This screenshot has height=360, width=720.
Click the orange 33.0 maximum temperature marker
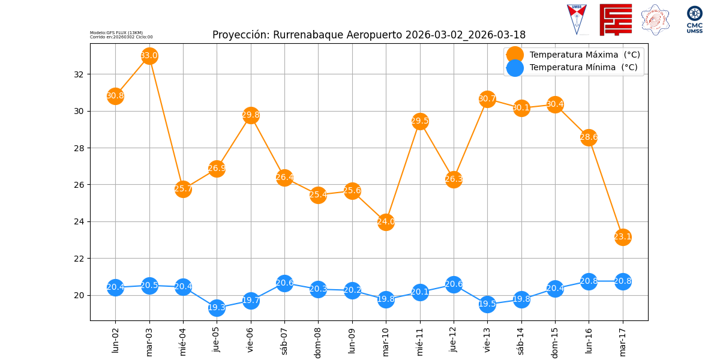pos(149,56)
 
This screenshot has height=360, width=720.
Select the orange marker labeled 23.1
pos(623,237)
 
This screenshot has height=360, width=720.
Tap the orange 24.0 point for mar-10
pos(386,222)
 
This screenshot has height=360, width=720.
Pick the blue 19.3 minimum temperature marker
pos(217,308)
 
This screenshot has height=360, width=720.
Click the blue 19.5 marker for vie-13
pos(487,304)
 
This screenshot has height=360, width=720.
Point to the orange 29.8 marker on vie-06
pos(251,115)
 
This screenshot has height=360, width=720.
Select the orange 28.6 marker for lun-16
pos(589,137)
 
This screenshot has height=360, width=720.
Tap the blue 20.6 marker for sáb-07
pos(284,283)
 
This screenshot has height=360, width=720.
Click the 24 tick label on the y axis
pos(80,222)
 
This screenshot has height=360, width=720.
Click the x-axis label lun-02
pos(115,340)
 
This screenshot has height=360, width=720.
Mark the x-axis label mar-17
pos(623,340)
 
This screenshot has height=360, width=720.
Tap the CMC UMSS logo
pos(694,19)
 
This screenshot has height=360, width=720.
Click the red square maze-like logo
pos(616,19)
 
